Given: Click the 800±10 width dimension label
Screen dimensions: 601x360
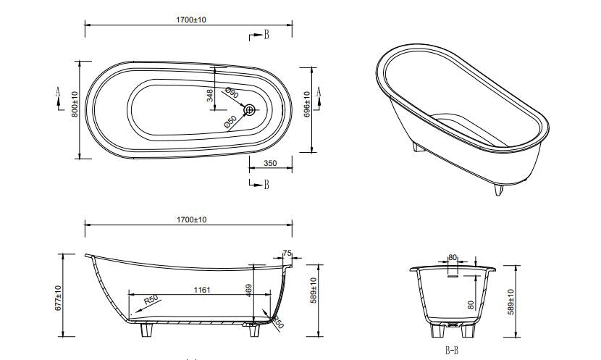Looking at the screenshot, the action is (x=75, y=104).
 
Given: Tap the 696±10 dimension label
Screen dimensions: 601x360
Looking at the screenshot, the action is (x=306, y=104).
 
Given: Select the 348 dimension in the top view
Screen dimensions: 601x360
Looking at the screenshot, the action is (x=210, y=96).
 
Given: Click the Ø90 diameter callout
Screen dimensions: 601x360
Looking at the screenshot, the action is (x=232, y=93).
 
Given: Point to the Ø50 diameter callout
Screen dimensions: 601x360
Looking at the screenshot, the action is (x=230, y=121).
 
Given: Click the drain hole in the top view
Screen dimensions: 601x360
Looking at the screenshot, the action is (x=250, y=110).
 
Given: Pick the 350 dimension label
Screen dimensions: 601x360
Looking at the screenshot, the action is (x=270, y=163).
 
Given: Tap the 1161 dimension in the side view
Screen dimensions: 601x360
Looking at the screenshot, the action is (x=202, y=290).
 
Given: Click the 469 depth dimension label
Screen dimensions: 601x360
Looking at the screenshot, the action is (x=249, y=290).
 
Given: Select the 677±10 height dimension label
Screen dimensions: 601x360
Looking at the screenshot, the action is (x=58, y=298).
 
